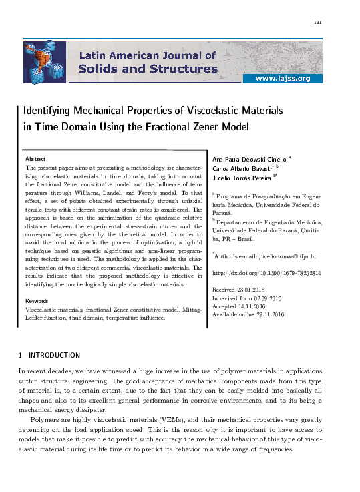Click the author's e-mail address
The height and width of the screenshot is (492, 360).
click(288, 257)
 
